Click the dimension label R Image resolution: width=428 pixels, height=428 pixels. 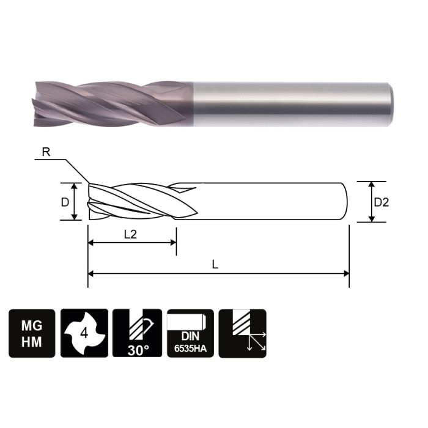coord(46,152)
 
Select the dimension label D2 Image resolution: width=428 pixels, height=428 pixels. coord(381,202)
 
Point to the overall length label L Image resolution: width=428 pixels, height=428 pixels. coord(215,265)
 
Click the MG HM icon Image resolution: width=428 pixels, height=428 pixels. coord(32,333)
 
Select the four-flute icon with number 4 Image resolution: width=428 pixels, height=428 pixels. coord(84,333)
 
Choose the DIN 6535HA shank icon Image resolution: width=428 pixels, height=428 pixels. coord(190,333)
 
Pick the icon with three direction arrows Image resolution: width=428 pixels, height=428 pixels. coord(243,333)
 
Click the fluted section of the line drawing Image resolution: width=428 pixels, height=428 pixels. coord(141,201)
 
